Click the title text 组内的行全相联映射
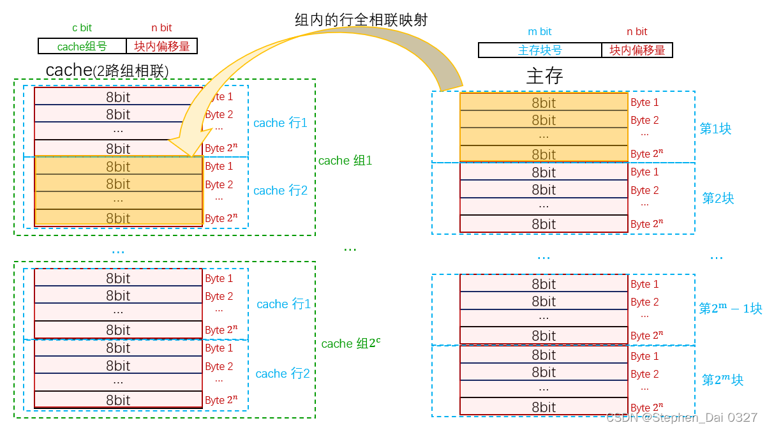tap(361, 20)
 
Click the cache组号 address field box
tap(82, 46)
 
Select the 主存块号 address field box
tap(540, 50)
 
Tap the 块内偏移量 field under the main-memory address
tap(637, 50)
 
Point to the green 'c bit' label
tap(82, 28)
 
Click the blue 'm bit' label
tap(540, 31)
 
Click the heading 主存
tap(544, 76)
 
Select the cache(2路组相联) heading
tap(107, 70)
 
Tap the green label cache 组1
tap(345, 161)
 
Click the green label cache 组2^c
tap(350, 343)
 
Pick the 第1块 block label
tap(715, 129)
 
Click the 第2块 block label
tap(718, 198)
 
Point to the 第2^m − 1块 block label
tap(730, 309)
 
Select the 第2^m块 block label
tap(722, 380)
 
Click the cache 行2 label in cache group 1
tap(280, 191)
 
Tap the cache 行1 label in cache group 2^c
tap(283, 304)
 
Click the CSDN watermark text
tap(681, 418)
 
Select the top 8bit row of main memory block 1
tap(544, 102)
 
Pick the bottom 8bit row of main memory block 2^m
tap(544, 406)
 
